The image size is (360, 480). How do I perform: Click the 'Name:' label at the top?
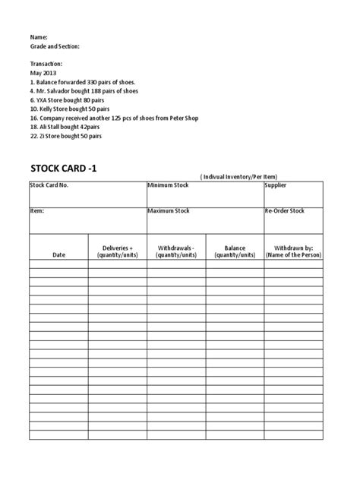coord(39,36)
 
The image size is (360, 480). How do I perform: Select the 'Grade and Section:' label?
coord(55,46)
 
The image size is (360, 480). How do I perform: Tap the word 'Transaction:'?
coord(46,64)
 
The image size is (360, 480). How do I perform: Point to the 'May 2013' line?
coord(43,73)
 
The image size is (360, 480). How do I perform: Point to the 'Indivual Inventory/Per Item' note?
coord(249,176)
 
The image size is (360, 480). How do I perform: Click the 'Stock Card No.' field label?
coord(49,185)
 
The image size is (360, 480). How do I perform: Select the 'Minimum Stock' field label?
coord(169,185)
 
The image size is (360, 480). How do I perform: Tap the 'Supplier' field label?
coord(276,185)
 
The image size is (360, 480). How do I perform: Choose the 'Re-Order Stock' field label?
coord(285,210)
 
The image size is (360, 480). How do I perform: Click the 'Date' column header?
coord(58,255)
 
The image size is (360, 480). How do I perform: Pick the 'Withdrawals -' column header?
coord(175,248)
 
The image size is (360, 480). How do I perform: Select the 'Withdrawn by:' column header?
coord(293,248)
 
